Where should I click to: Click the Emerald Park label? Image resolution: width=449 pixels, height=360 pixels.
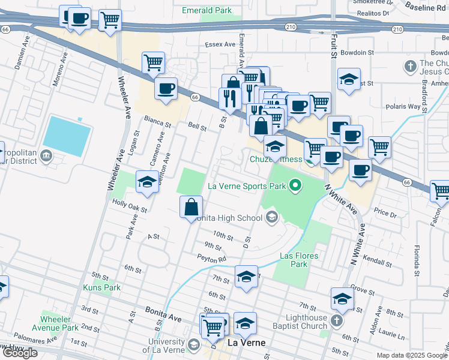pyautogui.click(x=207, y=10)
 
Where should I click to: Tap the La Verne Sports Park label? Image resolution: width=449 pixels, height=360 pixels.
pyautogui.click(x=246, y=186)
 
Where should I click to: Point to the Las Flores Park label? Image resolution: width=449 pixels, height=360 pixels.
pyautogui.click(x=299, y=260)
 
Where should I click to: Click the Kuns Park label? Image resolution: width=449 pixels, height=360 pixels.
pyautogui.click(x=101, y=287)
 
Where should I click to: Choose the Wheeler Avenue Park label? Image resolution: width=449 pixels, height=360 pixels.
pyautogui.click(x=59, y=323)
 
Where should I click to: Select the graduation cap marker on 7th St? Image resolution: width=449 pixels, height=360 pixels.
pyautogui.click(x=246, y=277)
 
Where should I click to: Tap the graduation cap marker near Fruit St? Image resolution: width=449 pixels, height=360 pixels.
pyautogui.click(x=349, y=80)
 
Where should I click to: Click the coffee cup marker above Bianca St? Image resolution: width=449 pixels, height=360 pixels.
pyautogui.click(x=166, y=88)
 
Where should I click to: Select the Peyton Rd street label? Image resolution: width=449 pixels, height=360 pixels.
pyautogui.click(x=212, y=259)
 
